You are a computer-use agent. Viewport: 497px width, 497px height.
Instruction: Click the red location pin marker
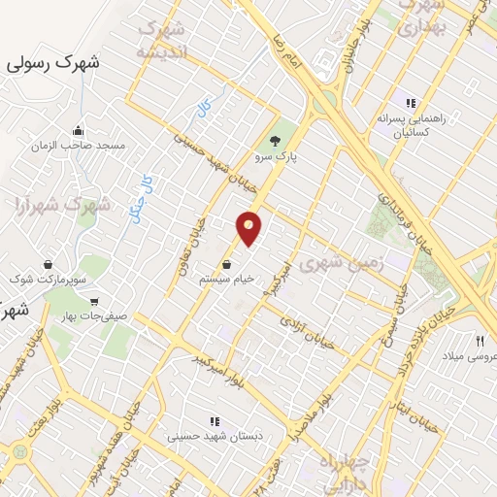(x=249, y=228)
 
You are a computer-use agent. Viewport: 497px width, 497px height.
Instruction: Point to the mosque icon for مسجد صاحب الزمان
(x=77, y=130)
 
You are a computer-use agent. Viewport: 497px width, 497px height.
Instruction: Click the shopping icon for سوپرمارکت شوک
(x=48, y=264)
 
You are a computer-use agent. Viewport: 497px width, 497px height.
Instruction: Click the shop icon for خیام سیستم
(x=227, y=263)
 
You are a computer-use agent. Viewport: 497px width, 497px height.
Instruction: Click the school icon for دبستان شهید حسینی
(x=215, y=420)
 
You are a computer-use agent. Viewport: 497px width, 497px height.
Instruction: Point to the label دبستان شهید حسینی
(x=201, y=436)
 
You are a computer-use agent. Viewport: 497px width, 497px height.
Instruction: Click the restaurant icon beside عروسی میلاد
(x=480, y=340)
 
